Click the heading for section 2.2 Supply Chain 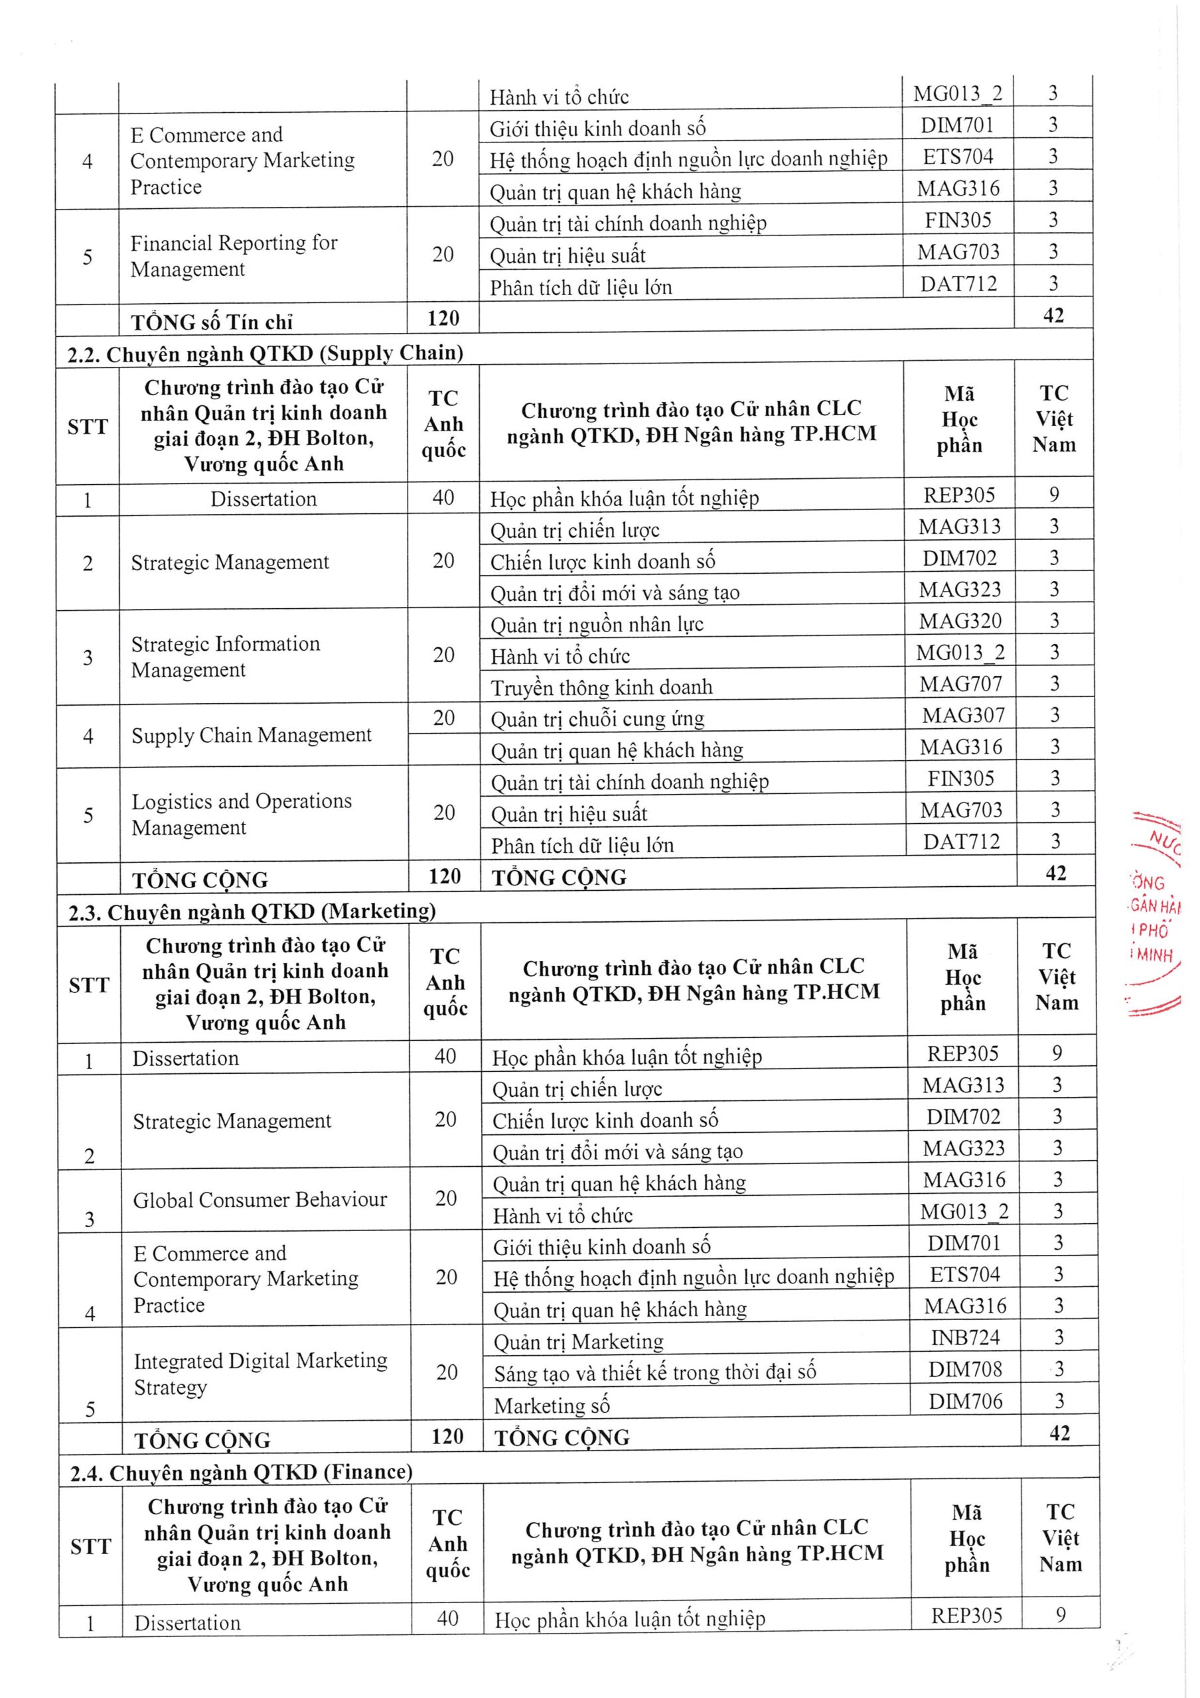coord(265,354)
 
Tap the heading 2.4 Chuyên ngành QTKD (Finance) coord(241,1472)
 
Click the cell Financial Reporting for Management coord(234,256)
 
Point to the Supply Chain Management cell coord(252,735)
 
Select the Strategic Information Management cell coord(226,657)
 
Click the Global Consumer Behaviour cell coord(260,1200)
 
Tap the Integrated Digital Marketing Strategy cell coord(260,1374)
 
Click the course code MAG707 coord(960,684)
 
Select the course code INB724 coord(965,1337)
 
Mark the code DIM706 coord(966,1401)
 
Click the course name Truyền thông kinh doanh coord(601,688)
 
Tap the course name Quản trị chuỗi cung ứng coord(597,719)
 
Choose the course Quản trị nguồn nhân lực coord(596,625)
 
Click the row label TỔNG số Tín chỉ coord(212,322)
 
